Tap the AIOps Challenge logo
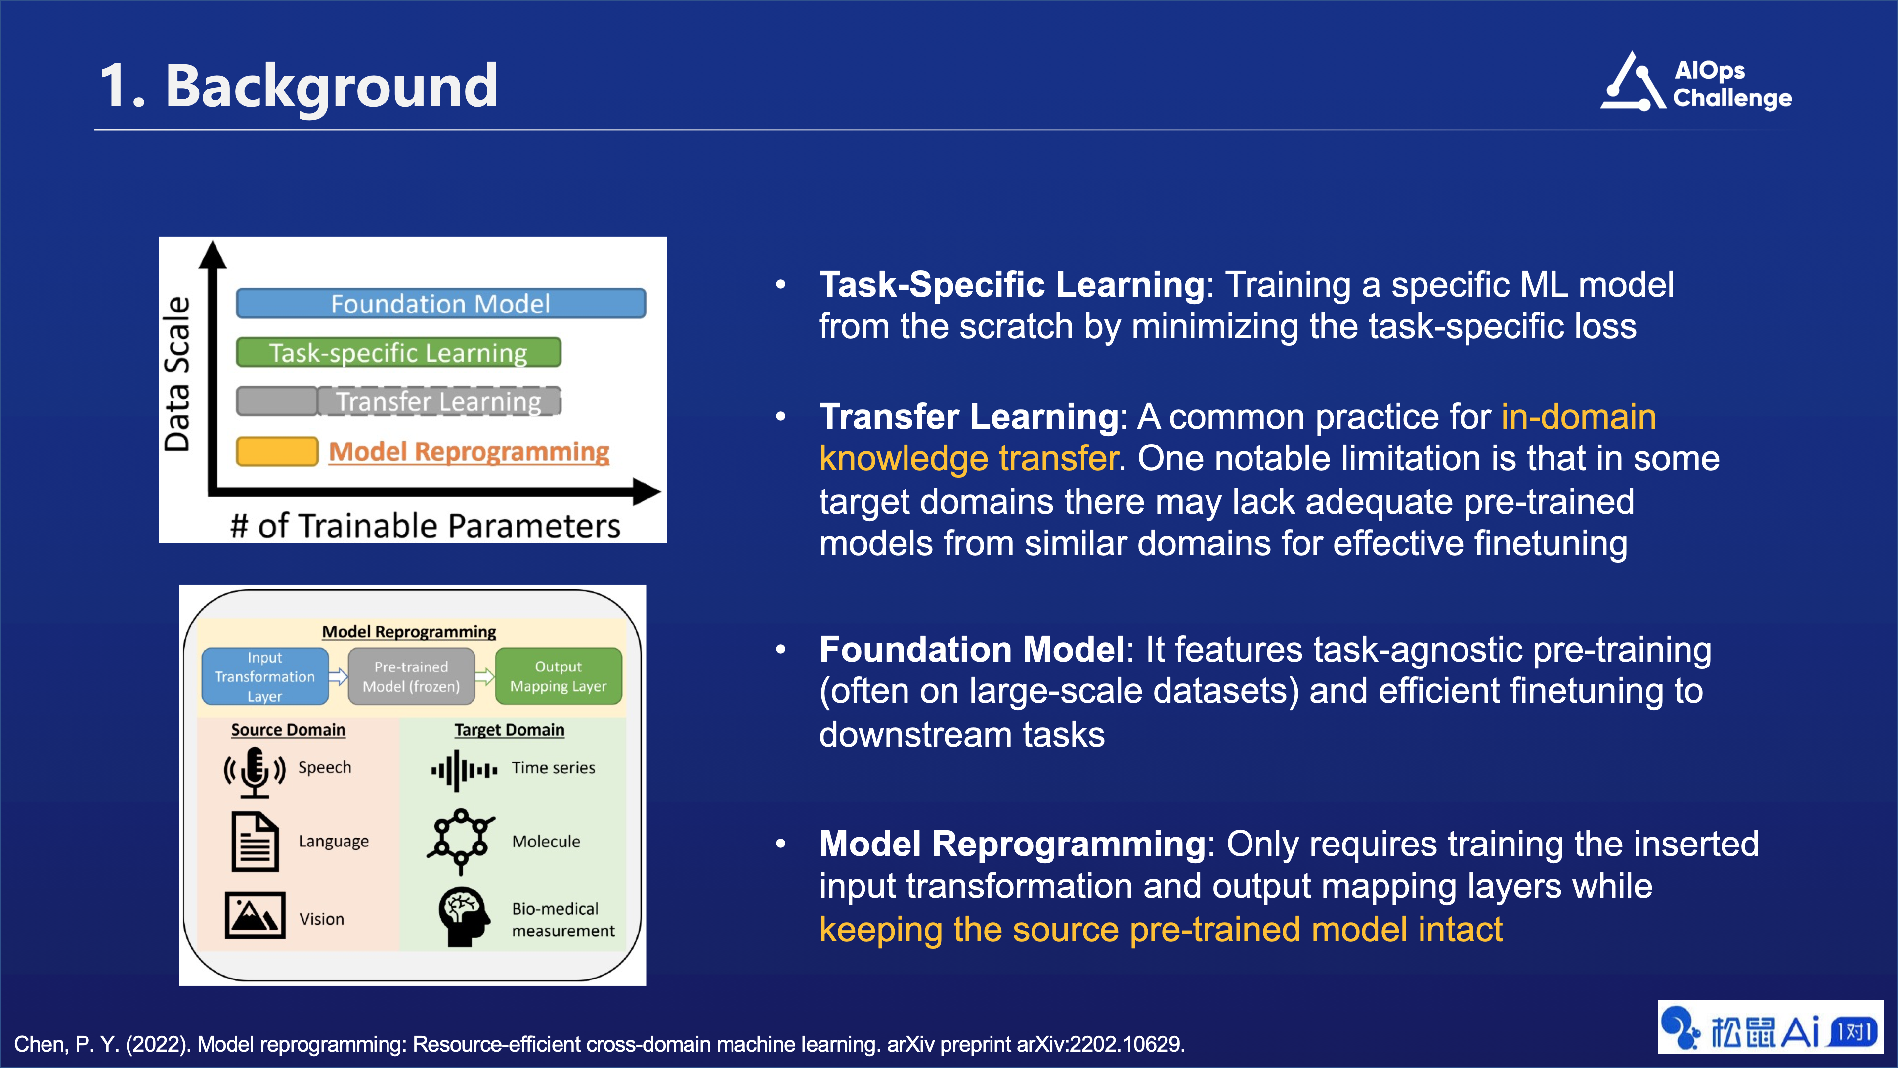1695,83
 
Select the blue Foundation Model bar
440,303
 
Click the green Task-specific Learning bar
398,353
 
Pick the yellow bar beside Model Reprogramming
277,451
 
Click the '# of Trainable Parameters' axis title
425,526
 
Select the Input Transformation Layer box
264,676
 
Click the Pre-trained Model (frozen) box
411,676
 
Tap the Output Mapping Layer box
559,676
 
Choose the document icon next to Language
255,842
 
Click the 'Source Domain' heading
288,730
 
